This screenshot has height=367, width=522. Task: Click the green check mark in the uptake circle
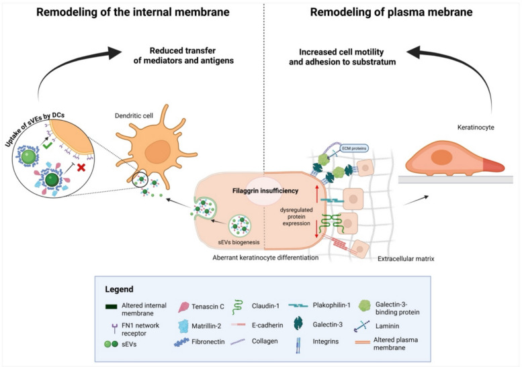pos(47,146)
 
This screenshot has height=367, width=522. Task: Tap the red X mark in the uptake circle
pos(81,167)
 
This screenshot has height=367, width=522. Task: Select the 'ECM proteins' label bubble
pos(354,148)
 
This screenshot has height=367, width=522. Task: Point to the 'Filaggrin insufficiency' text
pos(265,191)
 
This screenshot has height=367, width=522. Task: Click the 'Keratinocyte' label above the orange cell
pos(476,127)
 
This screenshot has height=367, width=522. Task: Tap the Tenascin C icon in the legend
pos(183,307)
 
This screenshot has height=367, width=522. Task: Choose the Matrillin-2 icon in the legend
pos(183,326)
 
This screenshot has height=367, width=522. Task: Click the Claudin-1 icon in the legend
pos(238,307)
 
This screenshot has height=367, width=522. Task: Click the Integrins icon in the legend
pos(298,345)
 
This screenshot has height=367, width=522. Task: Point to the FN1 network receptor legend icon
pos(115,329)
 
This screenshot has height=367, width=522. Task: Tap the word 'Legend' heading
pos(119,289)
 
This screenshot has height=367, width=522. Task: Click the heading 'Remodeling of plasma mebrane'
pos(391,12)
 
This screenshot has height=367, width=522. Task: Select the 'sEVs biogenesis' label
pos(238,242)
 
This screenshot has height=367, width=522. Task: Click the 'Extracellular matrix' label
pos(406,258)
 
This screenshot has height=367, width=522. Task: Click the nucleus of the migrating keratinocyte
pos(441,157)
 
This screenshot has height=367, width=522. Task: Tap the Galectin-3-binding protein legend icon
pos(365,306)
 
